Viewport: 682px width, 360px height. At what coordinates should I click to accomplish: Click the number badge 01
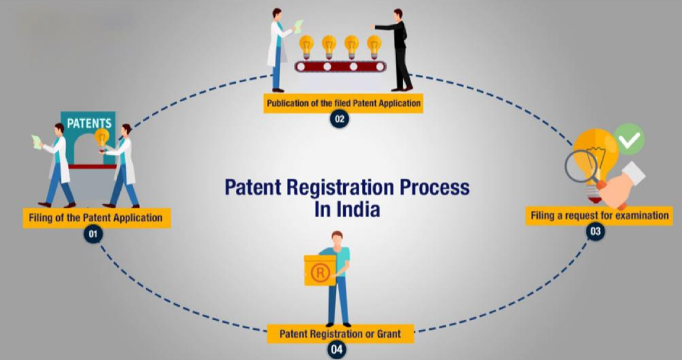(x=93, y=234)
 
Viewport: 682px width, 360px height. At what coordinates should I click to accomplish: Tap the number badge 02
(x=340, y=119)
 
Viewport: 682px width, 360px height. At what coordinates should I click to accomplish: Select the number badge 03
(x=596, y=231)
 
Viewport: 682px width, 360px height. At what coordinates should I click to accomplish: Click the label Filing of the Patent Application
(x=96, y=217)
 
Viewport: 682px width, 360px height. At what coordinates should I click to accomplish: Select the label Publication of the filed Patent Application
(x=343, y=103)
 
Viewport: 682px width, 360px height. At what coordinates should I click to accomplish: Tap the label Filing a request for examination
(x=598, y=215)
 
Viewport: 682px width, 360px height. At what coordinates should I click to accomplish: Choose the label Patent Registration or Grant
(x=340, y=333)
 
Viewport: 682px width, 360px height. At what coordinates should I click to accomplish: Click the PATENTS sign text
(x=89, y=123)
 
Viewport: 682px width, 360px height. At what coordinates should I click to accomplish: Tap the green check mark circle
(x=629, y=139)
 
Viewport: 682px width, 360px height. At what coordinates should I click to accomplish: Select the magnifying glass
(x=581, y=167)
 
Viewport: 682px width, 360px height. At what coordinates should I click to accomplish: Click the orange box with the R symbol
(x=320, y=271)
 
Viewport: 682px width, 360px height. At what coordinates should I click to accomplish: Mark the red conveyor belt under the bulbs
(x=340, y=66)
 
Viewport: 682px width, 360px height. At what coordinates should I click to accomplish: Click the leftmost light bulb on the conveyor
(x=307, y=46)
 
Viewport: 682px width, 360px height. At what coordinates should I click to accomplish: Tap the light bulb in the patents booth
(x=102, y=138)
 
